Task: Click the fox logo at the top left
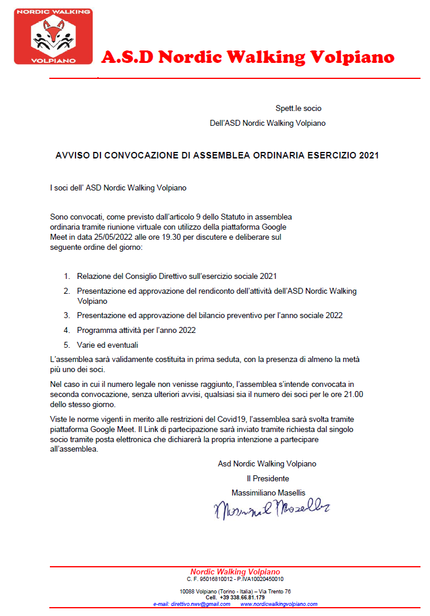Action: [53, 36]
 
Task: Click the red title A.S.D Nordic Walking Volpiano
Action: [248, 57]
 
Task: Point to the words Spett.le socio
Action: [298, 109]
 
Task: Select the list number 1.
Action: [67, 276]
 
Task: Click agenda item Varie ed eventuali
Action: [107, 344]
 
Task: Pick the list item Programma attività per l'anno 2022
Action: [137, 330]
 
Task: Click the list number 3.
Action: [67, 315]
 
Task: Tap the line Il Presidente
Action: [268, 478]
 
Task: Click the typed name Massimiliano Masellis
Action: [268, 492]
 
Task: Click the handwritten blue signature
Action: [271, 508]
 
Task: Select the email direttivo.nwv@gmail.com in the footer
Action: [192, 604]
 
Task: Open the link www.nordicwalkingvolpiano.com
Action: [279, 604]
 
